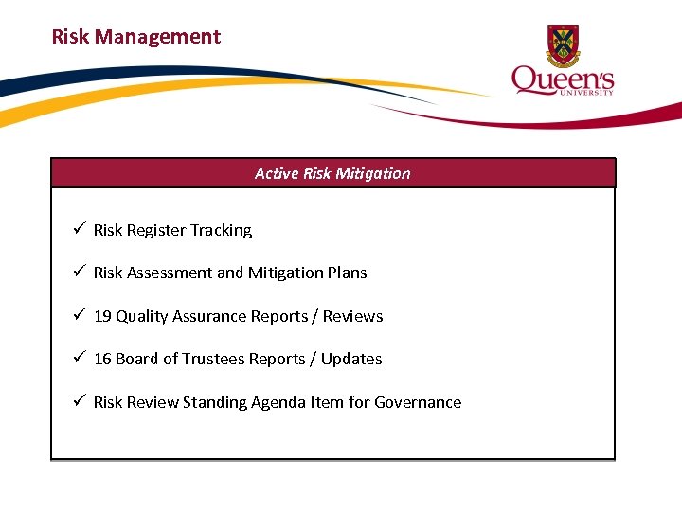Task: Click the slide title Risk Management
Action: click(135, 37)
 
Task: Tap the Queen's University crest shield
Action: click(563, 44)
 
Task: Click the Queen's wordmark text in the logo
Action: click(563, 79)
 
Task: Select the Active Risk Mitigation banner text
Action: click(332, 173)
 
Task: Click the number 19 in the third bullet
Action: click(102, 316)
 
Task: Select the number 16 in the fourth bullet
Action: click(102, 359)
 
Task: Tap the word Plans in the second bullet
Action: click(348, 273)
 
